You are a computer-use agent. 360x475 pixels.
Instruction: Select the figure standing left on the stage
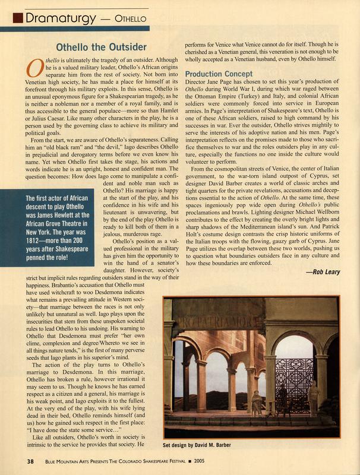tap(255, 404)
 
